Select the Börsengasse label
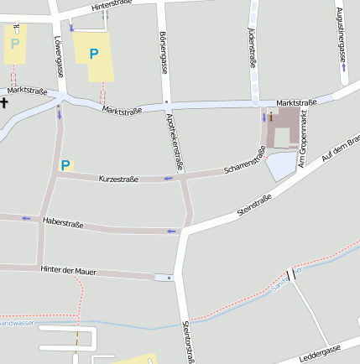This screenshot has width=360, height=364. point(164,51)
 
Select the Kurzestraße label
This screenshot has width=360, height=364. point(118,179)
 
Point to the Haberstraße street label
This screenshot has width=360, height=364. point(62,222)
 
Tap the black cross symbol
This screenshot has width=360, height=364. point(4,103)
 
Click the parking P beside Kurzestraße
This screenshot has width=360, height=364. point(65,165)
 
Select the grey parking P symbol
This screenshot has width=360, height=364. point(14,43)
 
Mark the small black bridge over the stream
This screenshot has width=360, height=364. point(291,274)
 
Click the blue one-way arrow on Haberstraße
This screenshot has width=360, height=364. point(173,231)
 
